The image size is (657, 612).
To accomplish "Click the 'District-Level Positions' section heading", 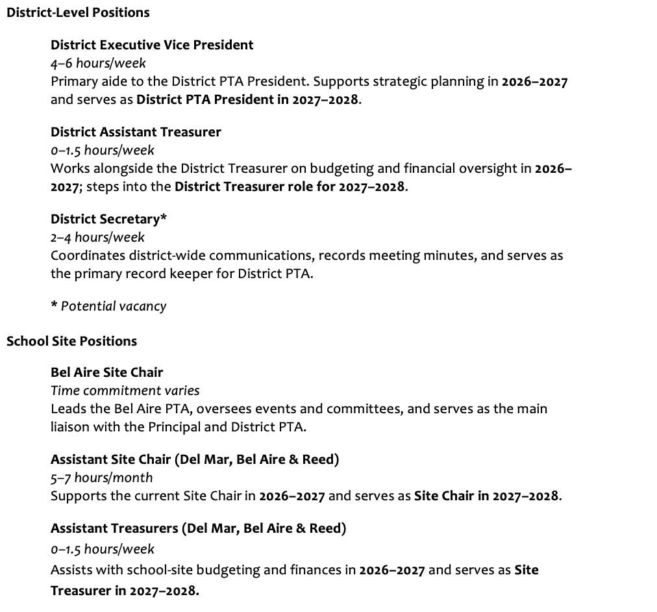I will (78, 12).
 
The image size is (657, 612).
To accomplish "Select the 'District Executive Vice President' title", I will (152, 45).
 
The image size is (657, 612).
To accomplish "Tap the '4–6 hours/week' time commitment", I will (98, 63).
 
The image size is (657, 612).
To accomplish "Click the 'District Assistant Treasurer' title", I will (136, 132).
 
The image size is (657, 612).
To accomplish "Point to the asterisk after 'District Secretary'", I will (164, 218).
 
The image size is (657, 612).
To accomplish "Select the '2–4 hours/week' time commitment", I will (97, 237).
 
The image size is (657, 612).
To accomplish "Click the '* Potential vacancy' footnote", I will (108, 306).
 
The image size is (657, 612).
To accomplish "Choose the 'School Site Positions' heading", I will (71, 341).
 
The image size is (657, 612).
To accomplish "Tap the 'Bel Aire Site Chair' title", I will (106, 372).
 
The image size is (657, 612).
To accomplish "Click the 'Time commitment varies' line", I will (125, 390).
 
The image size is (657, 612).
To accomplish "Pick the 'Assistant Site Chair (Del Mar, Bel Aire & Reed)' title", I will (195, 459).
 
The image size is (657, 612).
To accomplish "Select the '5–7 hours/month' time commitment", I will (102, 478).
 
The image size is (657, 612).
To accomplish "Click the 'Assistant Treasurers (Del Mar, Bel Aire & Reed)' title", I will (198, 528).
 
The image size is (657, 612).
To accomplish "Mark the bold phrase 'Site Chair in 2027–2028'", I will (487, 496).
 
